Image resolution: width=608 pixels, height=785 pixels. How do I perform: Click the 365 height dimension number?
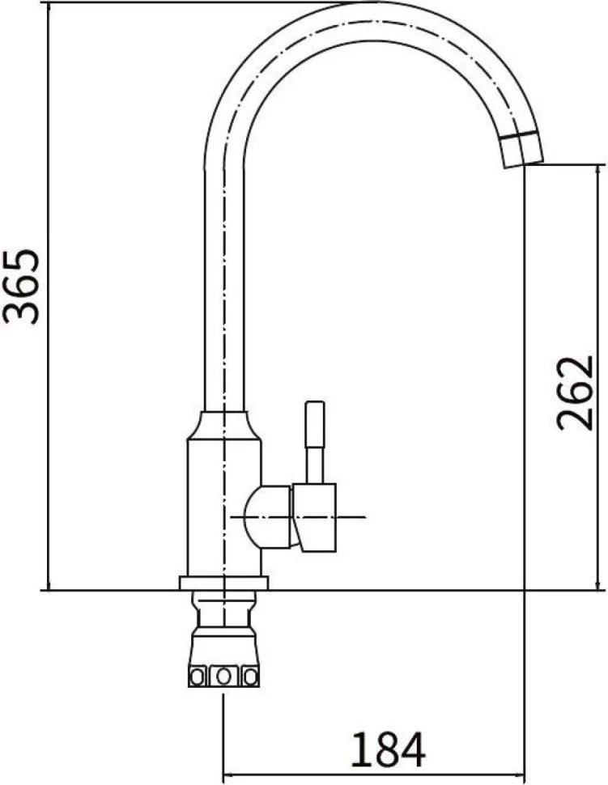point(21,286)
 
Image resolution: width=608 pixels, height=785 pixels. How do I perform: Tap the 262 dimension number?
point(575,393)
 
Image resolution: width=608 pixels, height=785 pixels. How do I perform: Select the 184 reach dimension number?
point(388,749)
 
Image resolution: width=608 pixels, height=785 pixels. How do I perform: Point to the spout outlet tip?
point(523,164)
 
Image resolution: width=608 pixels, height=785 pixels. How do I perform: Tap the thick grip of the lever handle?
point(316,423)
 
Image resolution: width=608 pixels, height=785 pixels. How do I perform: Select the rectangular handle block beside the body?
point(314,518)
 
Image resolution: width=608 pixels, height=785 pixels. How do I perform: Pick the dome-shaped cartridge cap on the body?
point(267,516)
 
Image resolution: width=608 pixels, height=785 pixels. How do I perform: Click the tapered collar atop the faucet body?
point(224,426)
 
